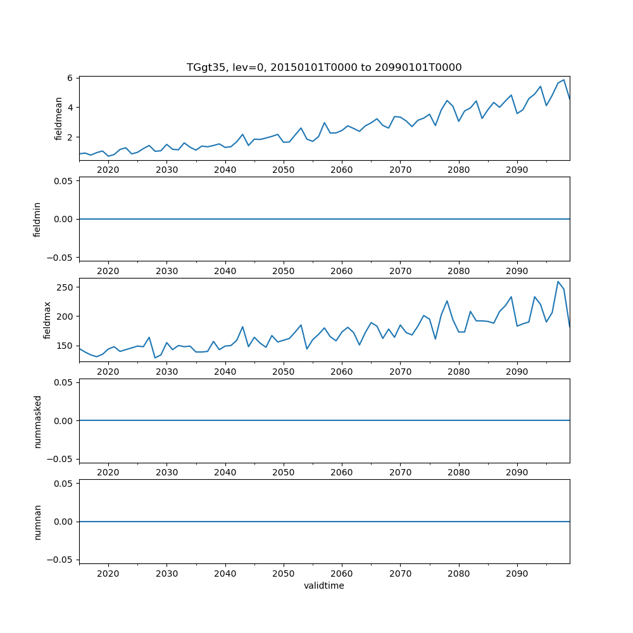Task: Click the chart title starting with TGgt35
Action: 324,67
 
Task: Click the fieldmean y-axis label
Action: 59,118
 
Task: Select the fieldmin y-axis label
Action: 37,219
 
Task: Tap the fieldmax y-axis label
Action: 47,320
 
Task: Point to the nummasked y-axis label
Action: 37,421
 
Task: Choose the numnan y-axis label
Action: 37,522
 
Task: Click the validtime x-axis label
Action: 324,586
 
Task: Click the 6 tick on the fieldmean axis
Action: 72,77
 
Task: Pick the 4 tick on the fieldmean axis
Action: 72,107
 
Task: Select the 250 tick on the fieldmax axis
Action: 66,287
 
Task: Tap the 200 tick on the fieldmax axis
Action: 66,316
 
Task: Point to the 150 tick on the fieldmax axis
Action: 66,346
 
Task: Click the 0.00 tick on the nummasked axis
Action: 63,421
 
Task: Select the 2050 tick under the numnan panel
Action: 284,573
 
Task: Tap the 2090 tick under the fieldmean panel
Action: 517,170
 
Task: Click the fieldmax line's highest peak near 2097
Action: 558,281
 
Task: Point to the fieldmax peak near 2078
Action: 447,301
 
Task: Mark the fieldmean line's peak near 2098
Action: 563,80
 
